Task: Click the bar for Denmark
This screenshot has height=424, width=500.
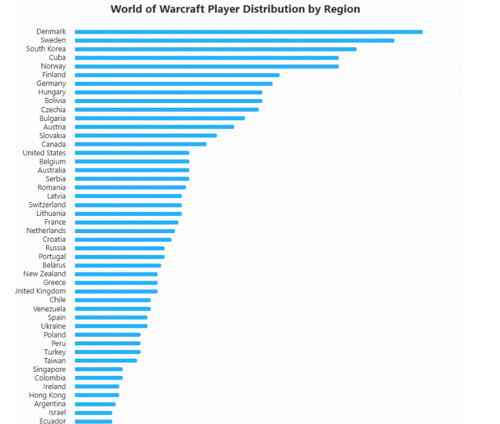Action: pyautogui.click(x=248, y=32)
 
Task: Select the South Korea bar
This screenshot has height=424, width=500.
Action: pyautogui.click(x=215, y=49)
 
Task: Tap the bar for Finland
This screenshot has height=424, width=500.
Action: pyautogui.click(x=177, y=75)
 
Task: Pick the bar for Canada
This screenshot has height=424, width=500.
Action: pyautogui.click(x=141, y=144)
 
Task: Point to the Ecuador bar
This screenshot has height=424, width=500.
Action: pyautogui.click(x=93, y=421)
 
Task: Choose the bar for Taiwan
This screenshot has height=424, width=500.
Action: pyautogui.click(x=106, y=361)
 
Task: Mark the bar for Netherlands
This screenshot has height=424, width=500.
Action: pyautogui.click(x=125, y=231)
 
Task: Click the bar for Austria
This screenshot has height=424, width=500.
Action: pyautogui.click(x=154, y=127)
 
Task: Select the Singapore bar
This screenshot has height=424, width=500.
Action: pyautogui.click(x=98, y=369)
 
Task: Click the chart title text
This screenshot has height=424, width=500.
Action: pyautogui.click(x=235, y=9)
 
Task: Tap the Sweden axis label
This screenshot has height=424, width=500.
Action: pyautogui.click(x=53, y=40)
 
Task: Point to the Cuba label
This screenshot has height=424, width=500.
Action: pyautogui.click(x=57, y=57)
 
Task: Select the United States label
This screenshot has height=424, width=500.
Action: pyautogui.click(x=44, y=153)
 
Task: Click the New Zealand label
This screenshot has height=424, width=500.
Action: pyautogui.click(x=44, y=274)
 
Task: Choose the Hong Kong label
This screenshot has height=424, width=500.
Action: pyautogui.click(x=48, y=395)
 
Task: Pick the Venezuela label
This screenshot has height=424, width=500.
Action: pyautogui.click(x=49, y=308)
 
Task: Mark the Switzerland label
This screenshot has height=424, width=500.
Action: pyautogui.click(x=47, y=205)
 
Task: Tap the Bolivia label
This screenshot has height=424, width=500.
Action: pyautogui.click(x=55, y=101)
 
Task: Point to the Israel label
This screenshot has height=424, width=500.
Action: pyautogui.click(x=57, y=412)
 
